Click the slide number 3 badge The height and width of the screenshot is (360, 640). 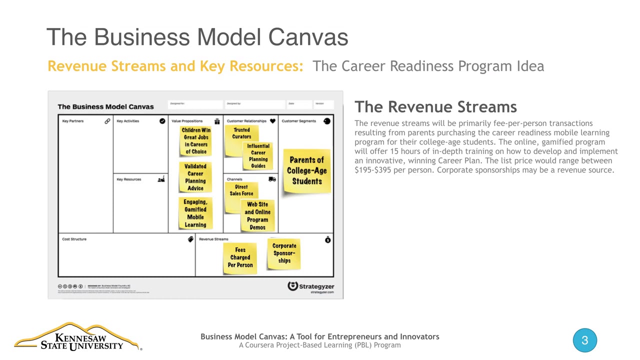click(584, 341)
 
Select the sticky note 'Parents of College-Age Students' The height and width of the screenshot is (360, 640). click(306, 170)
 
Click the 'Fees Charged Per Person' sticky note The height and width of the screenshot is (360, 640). click(240, 257)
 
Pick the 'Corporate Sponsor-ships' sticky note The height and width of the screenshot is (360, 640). click(284, 253)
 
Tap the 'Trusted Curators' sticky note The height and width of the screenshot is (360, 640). click(241, 133)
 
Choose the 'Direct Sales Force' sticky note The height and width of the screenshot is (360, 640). click(241, 190)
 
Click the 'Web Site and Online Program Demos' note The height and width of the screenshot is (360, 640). click(257, 215)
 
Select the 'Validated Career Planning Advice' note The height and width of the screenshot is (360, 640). click(195, 177)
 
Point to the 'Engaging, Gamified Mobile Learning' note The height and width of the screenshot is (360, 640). click(195, 213)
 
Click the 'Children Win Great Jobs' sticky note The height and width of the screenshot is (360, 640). click(195, 141)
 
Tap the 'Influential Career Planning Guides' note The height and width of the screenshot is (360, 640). click(258, 155)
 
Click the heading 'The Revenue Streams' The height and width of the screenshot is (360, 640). click(435, 106)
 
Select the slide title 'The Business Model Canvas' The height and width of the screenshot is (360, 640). click(197, 37)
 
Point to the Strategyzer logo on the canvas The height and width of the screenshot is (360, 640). click(310, 287)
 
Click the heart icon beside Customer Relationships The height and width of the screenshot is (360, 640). click(272, 121)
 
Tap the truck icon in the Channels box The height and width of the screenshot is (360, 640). click(272, 179)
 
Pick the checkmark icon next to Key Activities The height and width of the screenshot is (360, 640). click(162, 121)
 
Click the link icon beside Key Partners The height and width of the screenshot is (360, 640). click(107, 121)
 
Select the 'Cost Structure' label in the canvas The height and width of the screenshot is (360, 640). click(74, 239)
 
